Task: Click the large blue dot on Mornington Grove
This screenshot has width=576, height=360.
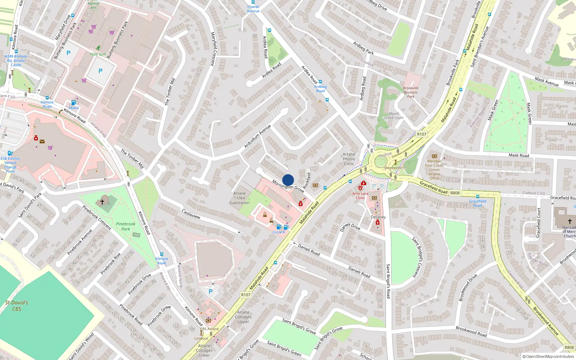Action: (288, 180)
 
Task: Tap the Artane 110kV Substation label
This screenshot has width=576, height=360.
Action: (239, 198)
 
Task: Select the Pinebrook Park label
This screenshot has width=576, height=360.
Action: (126, 226)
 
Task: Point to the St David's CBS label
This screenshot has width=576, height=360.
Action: (17, 306)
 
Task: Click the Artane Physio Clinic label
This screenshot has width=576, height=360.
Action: (349, 159)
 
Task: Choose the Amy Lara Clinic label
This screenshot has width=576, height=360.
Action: (360, 195)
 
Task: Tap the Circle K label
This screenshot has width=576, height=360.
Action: (279, 232)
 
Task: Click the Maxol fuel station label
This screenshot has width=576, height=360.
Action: (74, 108)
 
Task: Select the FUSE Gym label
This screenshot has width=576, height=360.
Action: (98, 54)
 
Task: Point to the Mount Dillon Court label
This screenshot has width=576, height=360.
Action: (394, 116)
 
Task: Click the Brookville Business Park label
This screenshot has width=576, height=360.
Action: (411, 92)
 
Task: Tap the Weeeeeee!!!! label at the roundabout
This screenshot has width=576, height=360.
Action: (395, 168)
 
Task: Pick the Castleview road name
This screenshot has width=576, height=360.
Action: (191, 214)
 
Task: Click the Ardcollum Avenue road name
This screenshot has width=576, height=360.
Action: (257, 136)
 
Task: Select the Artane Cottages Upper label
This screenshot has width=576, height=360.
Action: (243, 317)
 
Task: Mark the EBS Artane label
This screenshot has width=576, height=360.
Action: (210, 329)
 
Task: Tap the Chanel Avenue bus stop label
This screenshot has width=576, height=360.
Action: (253, 9)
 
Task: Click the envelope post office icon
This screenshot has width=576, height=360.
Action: (42, 141)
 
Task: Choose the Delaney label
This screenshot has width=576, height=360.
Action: (378, 217)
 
